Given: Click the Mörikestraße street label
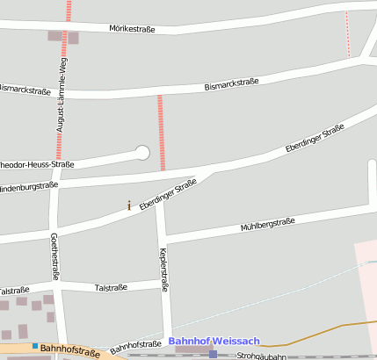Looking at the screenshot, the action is pos(132,29).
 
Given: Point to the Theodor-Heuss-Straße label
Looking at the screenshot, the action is pos(35,164).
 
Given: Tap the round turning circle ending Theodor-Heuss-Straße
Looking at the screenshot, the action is pos(141,153).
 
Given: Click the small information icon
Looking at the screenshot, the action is pos(129,205).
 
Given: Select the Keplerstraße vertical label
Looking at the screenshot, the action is pos(163,269).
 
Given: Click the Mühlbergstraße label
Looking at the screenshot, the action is pos(267,225).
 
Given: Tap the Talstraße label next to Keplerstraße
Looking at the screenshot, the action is pos(112,287).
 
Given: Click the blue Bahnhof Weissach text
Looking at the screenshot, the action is pos(214,341).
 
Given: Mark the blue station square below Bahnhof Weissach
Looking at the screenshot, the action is pos(213,354).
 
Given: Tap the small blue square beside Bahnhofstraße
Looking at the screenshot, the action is pos(35,346).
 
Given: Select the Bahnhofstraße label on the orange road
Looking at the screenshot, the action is pos(70,351).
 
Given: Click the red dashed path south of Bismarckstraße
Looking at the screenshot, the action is pos(161,132).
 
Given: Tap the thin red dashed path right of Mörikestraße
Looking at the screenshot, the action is pos(347,34).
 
